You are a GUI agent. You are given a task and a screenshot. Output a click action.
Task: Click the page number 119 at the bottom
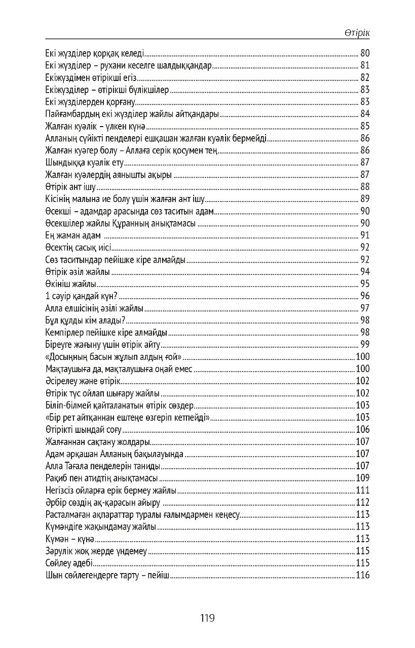tap(208, 618)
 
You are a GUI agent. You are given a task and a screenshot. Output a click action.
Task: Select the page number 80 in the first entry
tap(365, 53)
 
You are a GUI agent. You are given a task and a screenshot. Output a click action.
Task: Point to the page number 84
tap(365, 114)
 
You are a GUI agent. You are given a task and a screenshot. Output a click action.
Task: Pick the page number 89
tap(365, 199)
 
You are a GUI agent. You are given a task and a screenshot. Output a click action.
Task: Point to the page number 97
tap(365, 308)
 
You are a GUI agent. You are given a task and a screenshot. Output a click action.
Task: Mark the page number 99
tap(365, 345)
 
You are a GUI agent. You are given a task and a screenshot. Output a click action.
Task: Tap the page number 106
tap(363, 430)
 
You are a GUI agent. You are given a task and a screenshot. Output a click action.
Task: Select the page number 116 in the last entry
tap(363, 575)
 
